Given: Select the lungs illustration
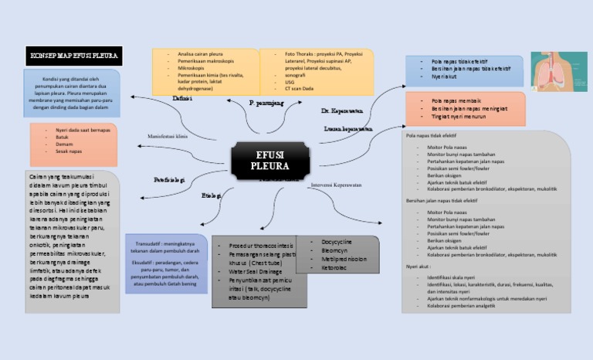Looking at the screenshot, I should click(x=554, y=72).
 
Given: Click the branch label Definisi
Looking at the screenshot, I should click(x=183, y=99).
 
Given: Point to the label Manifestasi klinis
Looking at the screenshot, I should click(x=168, y=136).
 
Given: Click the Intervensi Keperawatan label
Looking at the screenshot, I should click(x=337, y=185).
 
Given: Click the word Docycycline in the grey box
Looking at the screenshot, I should click(x=337, y=242).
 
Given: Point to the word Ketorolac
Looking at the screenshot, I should click(x=334, y=267).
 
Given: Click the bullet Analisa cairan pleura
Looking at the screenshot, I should click(x=200, y=54).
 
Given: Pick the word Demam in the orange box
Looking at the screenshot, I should click(x=64, y=144).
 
